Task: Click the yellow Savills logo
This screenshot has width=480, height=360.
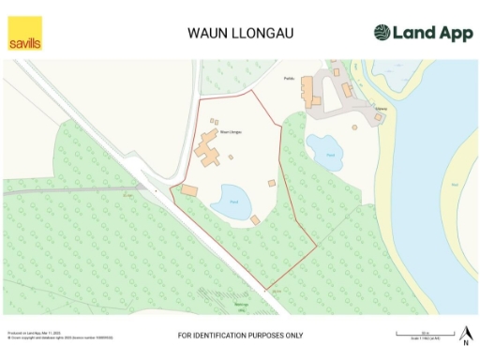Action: [25, 33]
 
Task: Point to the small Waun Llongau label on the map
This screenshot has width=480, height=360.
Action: [231, 132]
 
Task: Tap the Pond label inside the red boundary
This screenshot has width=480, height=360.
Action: [234, 202]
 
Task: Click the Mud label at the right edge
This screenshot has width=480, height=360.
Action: [456, 185]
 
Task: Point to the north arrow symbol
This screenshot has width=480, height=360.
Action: [465, 331]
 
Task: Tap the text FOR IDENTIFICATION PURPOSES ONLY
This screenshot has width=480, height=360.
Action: [240, 335]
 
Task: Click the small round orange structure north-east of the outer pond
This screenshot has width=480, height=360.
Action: [353, 127]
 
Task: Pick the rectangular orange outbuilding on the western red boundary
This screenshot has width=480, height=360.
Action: [190, 190]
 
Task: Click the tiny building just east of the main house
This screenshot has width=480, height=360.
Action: [231, 157]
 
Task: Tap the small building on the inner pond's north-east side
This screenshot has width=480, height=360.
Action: [272, 182]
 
